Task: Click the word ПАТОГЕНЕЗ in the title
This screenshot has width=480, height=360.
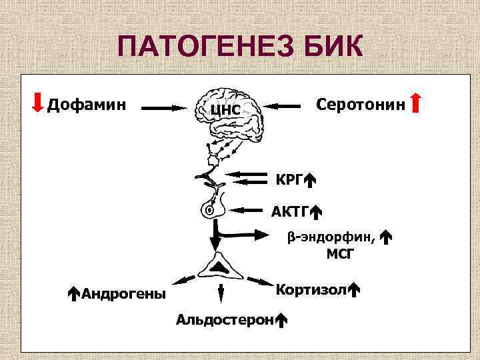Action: pyautogui.click(x=200, y=48)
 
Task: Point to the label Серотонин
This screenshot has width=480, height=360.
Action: pyautogui.click(x=360, y=104)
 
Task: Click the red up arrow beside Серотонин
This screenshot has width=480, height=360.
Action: pyautogui.click(x=415, y=104)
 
